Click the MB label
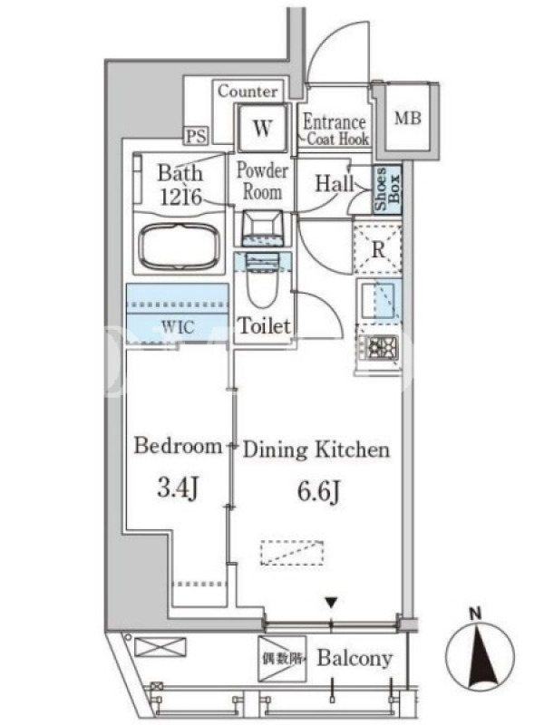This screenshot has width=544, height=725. click(x=407, y=119)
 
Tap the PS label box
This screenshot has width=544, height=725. click(x=197, y=136)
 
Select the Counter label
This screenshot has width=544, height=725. click(x=248, y=92)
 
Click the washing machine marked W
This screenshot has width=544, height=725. click(x=262, y=127)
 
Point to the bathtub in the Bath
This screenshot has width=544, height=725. click(x=180, y=246)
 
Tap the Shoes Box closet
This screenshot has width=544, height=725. click(x=387, y=189)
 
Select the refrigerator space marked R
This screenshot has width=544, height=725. click(x=377, y=249)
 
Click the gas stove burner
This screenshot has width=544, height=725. click(x=381, y=347)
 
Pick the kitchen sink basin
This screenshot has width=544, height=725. click(x=378, y=299)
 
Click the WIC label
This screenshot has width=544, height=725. click(x=178, y=327)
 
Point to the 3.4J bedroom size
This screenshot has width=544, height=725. click(x=178, y=488)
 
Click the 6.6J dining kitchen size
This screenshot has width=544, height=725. click(x=319, y=491)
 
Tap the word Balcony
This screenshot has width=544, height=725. click(x=355, y=659)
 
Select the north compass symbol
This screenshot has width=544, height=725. click(x=480, y=653)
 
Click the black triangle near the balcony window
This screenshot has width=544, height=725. click(x=330, y=603)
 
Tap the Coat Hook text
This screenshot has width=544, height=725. click(x=338, y=139)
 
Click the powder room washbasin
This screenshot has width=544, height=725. click(x=263, y=225)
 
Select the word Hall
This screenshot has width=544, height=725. click(x=334, y=183)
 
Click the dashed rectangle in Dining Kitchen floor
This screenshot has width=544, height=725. click(x=291, y=553)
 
